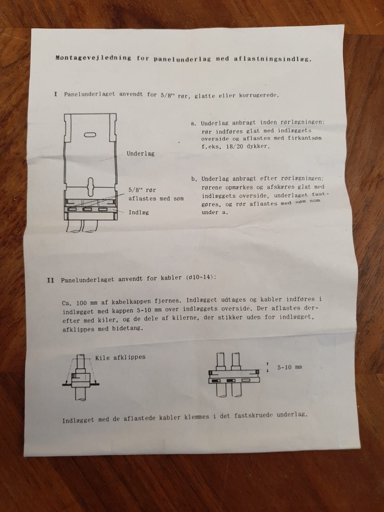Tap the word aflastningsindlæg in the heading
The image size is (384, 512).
pyautogui.click(x=272, y=59)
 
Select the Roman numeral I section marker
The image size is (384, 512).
pyautogui.click(x=56, y=94)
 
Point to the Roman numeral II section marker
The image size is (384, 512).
pyautogui.click(x=50, y=280)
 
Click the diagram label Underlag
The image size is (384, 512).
pyautogui.click(x=140, y=154)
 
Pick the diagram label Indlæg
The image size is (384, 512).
pyautogui.click(x=139, y=212)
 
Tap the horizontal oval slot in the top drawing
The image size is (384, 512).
pyautogui.click(x=90, y=134)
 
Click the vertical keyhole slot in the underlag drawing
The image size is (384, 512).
pyautogui.click(x=90, y=187)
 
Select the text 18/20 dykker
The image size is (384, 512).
pyautogui.click(x=248, y=147)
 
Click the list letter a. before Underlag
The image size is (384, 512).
pyautogui.click(x=194, y=124)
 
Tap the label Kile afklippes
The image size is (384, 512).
pyautogui.click(x=120, y=357)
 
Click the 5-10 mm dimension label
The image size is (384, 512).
pyautogui.click(x=290, y=367)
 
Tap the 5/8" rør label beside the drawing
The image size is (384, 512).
pyautogui.click(x=142, y=190)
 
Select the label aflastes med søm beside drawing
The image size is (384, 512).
pyautogui.click(x=156, y=198)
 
